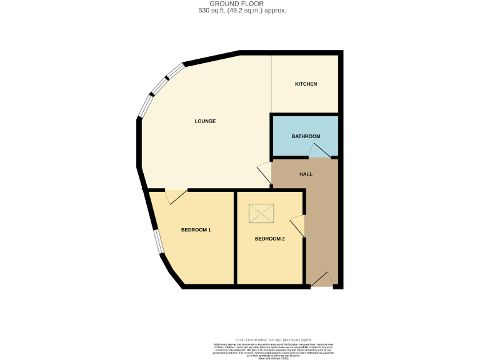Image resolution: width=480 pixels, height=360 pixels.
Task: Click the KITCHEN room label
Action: pos(306,84)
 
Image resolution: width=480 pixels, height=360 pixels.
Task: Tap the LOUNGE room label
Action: pos(205,121)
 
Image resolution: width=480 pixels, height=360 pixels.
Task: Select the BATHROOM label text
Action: pos(306,136)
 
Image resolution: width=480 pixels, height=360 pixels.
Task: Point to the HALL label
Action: pos(306,174)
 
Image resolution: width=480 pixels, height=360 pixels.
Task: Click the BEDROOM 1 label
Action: pos(196,230)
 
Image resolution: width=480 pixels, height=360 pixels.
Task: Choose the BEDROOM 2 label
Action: pos(269,239)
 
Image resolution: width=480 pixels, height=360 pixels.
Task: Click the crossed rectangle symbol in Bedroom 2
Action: pos(261,214)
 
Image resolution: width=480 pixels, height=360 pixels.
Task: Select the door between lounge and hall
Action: pos(264,173)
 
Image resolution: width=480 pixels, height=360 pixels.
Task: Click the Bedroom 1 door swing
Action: pos(176,197)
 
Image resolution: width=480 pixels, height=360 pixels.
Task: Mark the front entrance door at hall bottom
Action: pos(322,280)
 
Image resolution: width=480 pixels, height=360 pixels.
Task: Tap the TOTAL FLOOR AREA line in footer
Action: pos(273,339)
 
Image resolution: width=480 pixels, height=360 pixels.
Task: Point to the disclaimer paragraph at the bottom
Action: pos(274,349)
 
